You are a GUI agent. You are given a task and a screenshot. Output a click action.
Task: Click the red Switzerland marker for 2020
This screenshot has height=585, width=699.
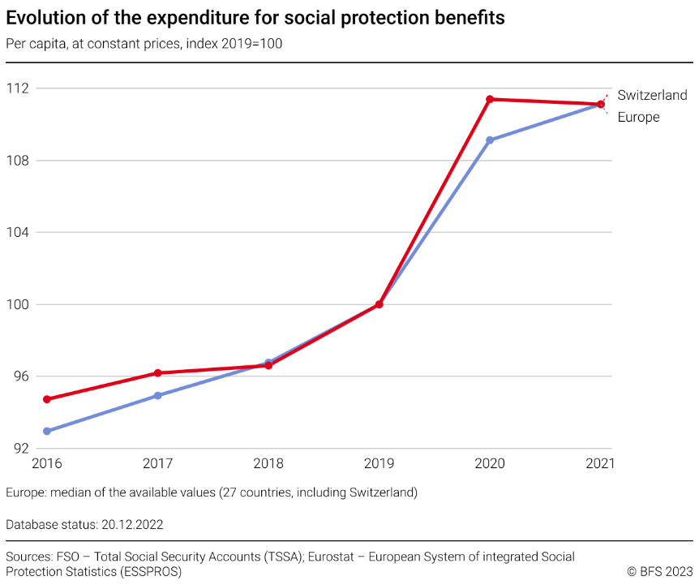490,99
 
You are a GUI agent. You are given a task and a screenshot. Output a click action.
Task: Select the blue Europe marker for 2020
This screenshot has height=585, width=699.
490,140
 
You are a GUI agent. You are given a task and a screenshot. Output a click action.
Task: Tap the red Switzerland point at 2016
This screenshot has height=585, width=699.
47,399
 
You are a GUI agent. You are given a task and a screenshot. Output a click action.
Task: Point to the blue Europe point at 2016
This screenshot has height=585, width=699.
47,431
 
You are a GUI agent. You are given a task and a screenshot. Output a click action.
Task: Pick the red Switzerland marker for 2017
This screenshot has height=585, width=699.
157,373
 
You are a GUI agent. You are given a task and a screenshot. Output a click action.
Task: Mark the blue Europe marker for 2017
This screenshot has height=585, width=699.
157,395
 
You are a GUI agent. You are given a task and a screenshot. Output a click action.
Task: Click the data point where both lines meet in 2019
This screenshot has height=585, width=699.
379,304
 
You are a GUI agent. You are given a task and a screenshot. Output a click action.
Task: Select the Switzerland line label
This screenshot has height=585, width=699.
652,95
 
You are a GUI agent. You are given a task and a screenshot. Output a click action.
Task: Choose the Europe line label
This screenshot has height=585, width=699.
638,117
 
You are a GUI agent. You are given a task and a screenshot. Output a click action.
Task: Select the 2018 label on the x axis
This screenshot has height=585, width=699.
268,464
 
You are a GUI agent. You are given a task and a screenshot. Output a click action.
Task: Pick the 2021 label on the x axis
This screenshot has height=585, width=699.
600,464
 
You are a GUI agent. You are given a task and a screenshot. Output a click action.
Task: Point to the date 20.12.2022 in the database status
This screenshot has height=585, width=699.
132,524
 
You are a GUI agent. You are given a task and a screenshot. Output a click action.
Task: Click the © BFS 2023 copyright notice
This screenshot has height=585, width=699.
660,571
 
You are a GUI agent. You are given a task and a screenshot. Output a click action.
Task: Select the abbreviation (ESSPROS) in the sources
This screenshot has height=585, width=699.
151,571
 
